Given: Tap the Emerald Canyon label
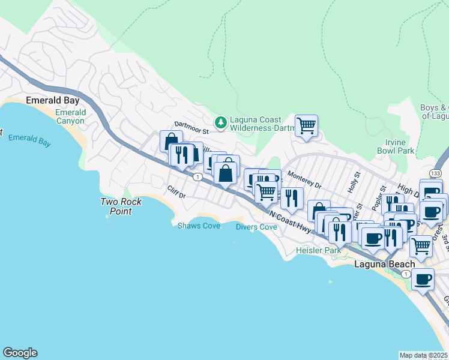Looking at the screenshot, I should click(x=70, y=116).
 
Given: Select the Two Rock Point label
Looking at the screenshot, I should click(x=121, y=206).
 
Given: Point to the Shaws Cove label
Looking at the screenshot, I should click(x=199, y=226).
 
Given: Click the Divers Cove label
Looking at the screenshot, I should click(x=256, y=227).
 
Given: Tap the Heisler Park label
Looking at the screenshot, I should click(x=318, y=250).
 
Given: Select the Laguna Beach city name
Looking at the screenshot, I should click(x=384, y=264).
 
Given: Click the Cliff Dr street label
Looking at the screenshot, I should click(x=177, y=192).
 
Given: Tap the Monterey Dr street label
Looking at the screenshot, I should click(x=304, y=178).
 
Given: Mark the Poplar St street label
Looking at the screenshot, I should click(x=376, y=202).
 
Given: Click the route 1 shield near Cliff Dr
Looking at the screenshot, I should click(x=197, y=176).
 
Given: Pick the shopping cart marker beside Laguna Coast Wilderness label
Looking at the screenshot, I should click(x=306, y=126).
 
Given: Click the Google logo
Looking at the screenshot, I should click(x=20, y=353).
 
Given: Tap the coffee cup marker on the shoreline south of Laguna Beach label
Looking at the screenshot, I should click(x=423, y=280).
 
